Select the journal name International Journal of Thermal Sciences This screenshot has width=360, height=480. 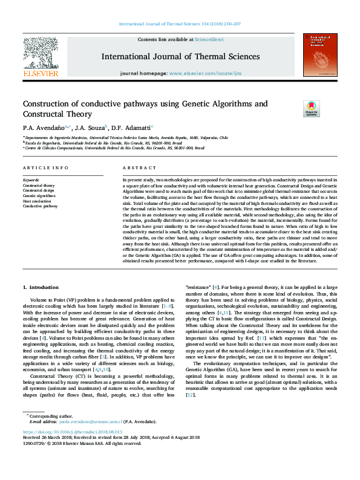[180, 57]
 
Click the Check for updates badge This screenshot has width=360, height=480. [294, 109]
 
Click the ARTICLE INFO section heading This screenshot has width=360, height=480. [46, 167]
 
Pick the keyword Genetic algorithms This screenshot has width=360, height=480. [39, 196]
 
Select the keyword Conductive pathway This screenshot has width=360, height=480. [41, 206]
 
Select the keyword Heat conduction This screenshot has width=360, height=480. [38, 201]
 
